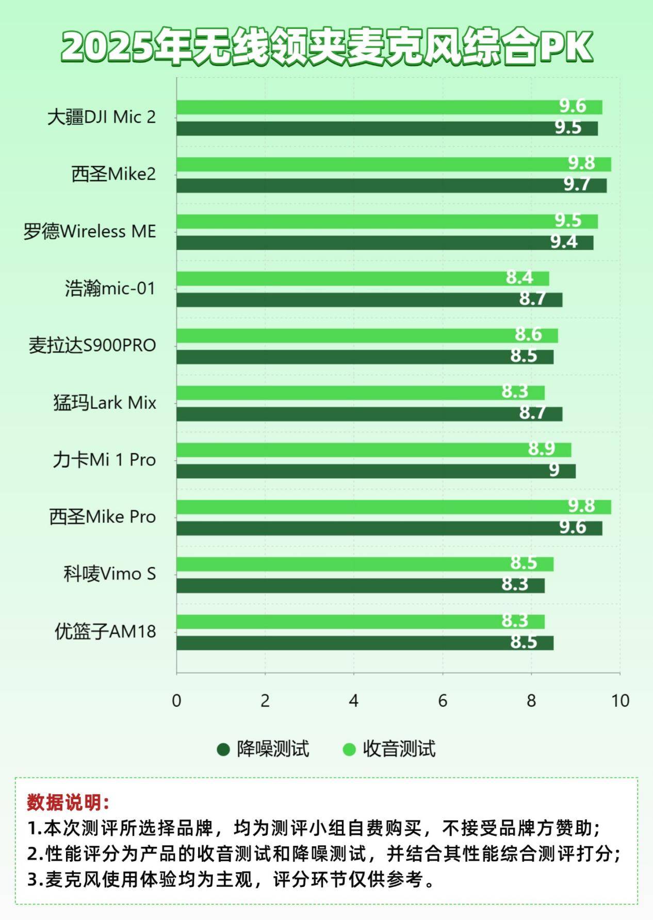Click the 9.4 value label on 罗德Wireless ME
(564, 242)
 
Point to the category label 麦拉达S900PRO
(92, 346)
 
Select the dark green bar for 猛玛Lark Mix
(369, 414)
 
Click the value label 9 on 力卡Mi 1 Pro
(554, 470)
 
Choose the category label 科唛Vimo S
(109, 574)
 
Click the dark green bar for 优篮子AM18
(364, 643)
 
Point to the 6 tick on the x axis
(443, 701)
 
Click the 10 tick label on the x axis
(620, 701)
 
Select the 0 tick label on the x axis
(176, 701)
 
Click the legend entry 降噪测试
(272, 749)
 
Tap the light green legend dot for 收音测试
(349, 749)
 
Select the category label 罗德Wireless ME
(89, 232)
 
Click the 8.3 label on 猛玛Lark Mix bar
(515, 392)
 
